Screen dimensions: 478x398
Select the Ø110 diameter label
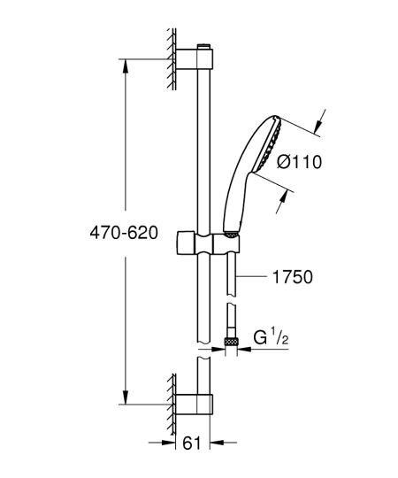[297, 162]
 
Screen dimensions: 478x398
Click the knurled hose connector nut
[231, 340]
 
